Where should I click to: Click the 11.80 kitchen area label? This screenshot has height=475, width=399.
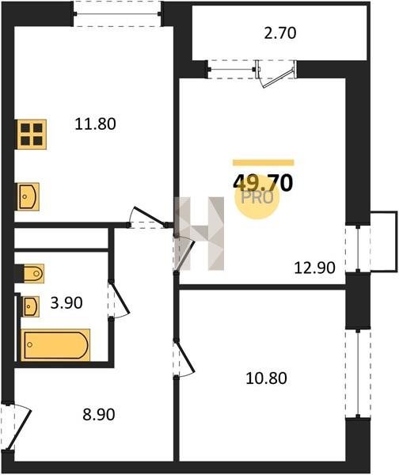coord(95,124)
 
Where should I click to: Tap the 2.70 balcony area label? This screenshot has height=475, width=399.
coord(280,33)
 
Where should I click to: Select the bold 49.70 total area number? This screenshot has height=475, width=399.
coord(263,184)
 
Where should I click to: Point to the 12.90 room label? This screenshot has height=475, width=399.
coord(315,268)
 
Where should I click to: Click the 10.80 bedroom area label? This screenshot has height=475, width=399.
coord(266,378)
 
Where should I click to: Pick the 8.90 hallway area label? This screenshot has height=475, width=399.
coord(99,415)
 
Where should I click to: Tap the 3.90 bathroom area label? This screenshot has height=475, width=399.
coord(66,303)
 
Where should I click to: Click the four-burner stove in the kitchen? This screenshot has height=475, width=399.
coord(31,135)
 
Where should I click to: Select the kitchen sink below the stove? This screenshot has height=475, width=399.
coord(27,196)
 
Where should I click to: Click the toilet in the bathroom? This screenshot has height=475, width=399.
coord(32,274)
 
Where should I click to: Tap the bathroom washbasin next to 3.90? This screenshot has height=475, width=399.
coord(30,306)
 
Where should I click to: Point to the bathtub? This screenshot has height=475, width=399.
coord(55,345)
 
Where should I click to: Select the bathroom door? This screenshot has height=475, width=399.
coord(119,299)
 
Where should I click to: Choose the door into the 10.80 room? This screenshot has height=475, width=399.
coord(184,359)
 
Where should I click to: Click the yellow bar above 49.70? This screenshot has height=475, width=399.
coord(264,162)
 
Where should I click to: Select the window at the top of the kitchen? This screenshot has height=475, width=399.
coord(117,13)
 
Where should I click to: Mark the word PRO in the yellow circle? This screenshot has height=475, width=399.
coord(257,198)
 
